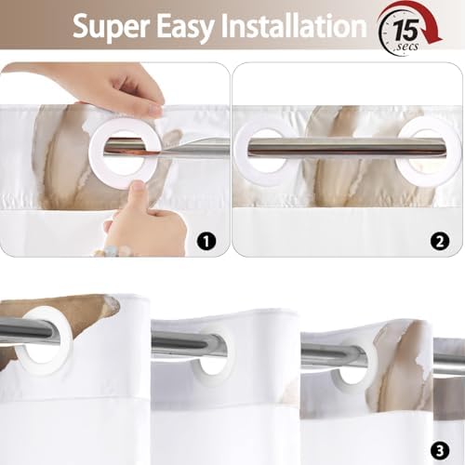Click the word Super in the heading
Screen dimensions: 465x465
coord(111,27)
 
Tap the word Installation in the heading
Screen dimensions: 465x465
coord(293,26)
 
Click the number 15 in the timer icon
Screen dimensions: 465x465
coord(406,30)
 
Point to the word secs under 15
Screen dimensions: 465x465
coord(408,46)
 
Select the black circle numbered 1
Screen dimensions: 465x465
coord(206,241)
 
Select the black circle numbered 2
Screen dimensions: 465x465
coord(440,241)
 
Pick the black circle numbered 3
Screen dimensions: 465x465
coord(440,451)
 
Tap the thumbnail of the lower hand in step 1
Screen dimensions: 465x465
coord(137,188)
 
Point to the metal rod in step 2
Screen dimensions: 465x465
coord(346,147)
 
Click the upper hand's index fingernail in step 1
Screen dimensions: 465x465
coord(154,110)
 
